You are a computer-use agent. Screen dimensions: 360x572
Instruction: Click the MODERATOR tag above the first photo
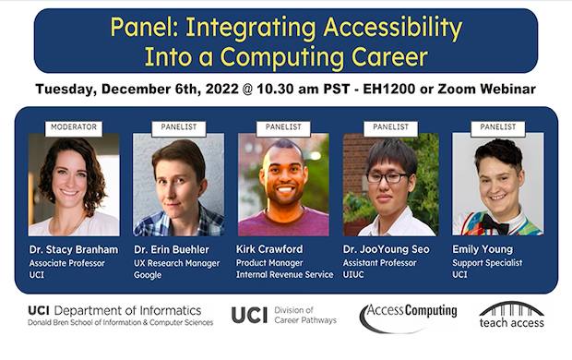74,126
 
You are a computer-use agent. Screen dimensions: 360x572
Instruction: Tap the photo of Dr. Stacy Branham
74,185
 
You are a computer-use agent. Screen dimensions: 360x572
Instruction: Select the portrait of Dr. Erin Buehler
178,185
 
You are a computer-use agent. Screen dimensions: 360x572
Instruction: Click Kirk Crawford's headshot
283,185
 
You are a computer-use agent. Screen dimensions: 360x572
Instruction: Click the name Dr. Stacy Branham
71,249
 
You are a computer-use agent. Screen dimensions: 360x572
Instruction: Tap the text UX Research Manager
175,263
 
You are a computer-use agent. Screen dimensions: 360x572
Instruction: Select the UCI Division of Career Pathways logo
284,315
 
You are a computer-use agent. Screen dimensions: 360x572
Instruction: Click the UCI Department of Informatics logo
120,315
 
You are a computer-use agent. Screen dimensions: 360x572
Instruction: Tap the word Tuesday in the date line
70,89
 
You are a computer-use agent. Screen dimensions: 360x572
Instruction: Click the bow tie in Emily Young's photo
499,223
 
